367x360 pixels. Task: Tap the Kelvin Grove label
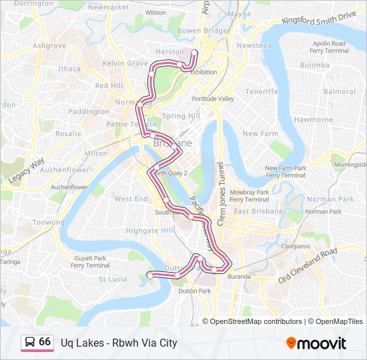click(x=125, y=63)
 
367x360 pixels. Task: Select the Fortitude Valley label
click(x=214, y=99)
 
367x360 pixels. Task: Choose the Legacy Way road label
click(x=27, y=171)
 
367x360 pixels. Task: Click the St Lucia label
click(x=113, y=279)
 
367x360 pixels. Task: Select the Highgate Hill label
click(x=150, y=230)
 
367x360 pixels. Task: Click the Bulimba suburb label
click(x=315, y=65)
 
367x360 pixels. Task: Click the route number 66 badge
click(x=45, y=342)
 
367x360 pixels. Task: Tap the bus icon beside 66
click(x=30, y=343)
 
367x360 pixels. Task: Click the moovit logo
click(x=316, y=343)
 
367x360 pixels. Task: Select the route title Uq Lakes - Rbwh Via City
click(x=119, y=343)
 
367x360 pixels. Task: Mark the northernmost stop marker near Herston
click(x=194, y=52)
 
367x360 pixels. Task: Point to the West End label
click(x=131, y=199)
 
